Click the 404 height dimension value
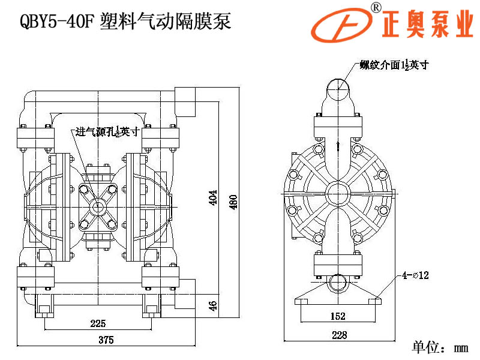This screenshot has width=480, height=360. click(212, 198)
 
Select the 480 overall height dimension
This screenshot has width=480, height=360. click(233, 202)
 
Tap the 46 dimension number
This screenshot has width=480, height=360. click(212, 305)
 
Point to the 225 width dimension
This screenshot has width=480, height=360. click(97, 323)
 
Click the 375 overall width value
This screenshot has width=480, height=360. click(106, 340)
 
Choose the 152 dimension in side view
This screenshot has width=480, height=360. click(338, 316)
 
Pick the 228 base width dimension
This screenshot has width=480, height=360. click(339, 335)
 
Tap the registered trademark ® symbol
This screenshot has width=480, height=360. click(376, 7)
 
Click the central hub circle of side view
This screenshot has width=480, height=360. click(338, 194)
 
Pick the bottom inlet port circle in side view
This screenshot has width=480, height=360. click(338, 282)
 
